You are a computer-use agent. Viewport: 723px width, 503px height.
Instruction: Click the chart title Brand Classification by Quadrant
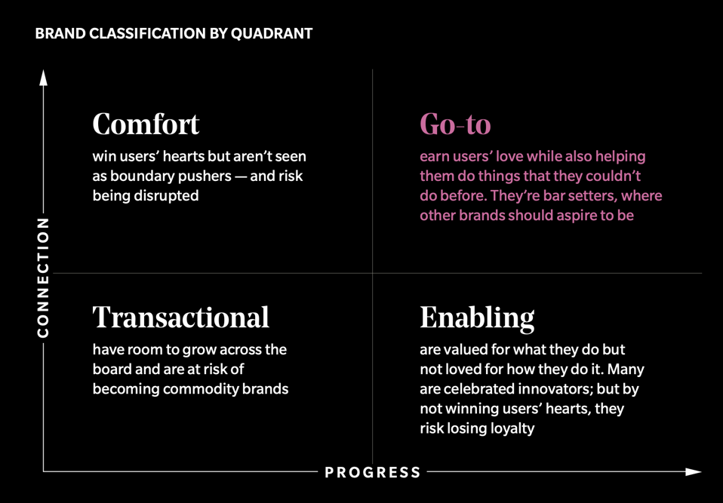click(x=174, y=34)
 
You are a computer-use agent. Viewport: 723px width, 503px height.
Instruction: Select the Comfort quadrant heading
click(x=146, y=124)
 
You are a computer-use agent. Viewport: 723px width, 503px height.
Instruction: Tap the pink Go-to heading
click(x=455, y=124)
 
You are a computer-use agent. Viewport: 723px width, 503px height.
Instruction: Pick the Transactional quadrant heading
click(x=180, y=317)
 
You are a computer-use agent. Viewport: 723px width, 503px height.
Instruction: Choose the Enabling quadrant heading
click(x=477, y=317)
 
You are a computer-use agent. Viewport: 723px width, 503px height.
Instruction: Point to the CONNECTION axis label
click(x=43, y=278)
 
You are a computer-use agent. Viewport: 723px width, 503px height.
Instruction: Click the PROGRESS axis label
click(x=373, y=473)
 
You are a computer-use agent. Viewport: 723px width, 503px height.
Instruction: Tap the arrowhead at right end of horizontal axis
click(x=694, y=472)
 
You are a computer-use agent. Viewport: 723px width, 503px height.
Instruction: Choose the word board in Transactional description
click(x=115, y=370)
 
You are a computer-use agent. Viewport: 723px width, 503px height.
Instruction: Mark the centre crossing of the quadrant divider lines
click(x=372, y=273)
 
